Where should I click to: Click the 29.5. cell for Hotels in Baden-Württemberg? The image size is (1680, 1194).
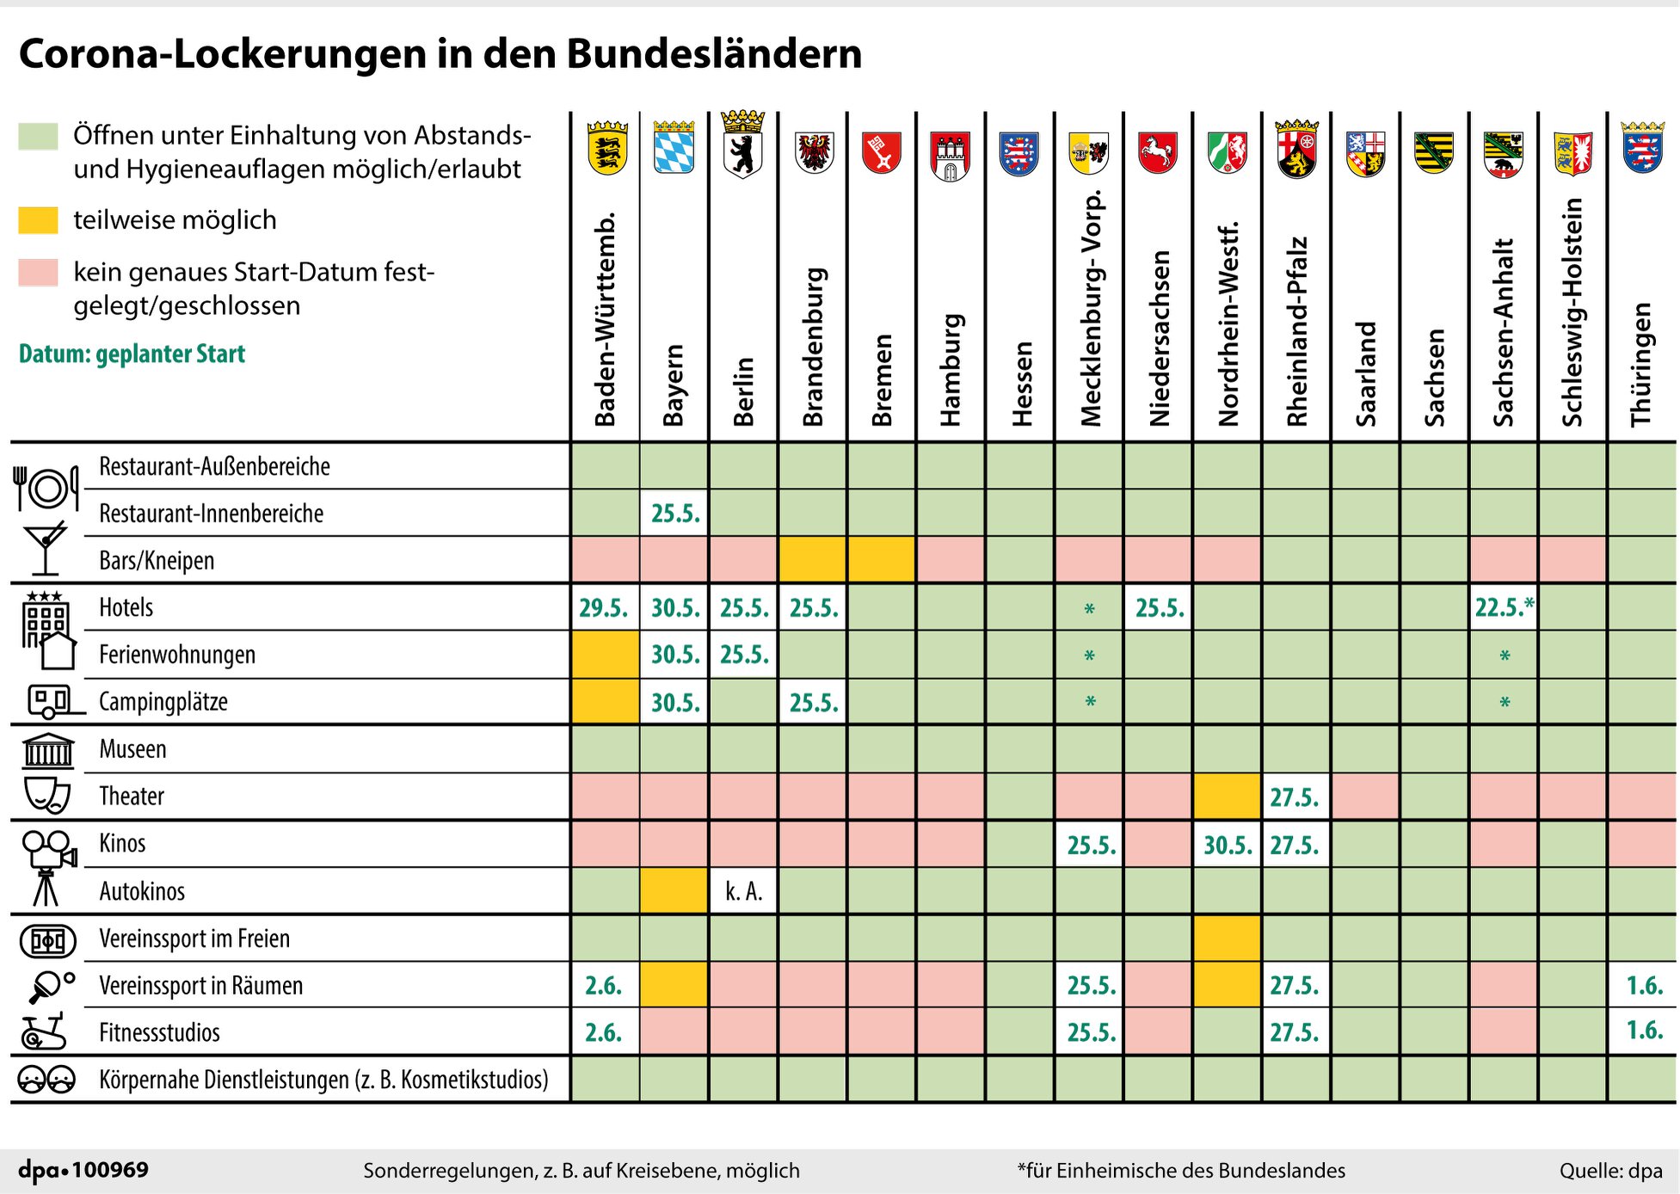(x=605, y=607)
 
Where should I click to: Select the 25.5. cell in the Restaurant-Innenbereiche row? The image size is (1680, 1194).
(x=674, y=513)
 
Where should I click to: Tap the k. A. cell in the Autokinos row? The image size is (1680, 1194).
(x=743, y=890)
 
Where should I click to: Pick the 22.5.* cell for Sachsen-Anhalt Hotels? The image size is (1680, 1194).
(x=1504, y=607)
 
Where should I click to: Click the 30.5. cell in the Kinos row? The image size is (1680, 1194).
(x=1228, y=844)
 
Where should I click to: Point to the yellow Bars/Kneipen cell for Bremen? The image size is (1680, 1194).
(x=881, y=559)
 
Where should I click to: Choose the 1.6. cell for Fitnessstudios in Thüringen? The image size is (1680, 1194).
(x=1643, y=1031)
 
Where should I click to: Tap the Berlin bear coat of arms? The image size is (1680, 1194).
(x=743, y=145)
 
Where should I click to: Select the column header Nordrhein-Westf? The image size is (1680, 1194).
(x=1228, y=324)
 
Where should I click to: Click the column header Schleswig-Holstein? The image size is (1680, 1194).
(x=1573, y=312)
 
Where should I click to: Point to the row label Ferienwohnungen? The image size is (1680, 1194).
(x=177, y=655)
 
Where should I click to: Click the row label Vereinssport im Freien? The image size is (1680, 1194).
(x=194, y=939)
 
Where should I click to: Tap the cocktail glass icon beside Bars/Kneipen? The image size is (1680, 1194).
(x=46, y=547)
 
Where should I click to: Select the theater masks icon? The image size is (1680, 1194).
(x=47, y=796)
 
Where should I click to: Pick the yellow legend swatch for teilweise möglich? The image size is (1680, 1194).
(x=38, y=220)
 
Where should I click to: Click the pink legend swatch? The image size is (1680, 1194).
(x=38, y=272)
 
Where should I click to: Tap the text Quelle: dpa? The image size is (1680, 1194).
(x=1610, y=1171)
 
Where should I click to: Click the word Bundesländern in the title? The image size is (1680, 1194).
(x=714, y=53)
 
